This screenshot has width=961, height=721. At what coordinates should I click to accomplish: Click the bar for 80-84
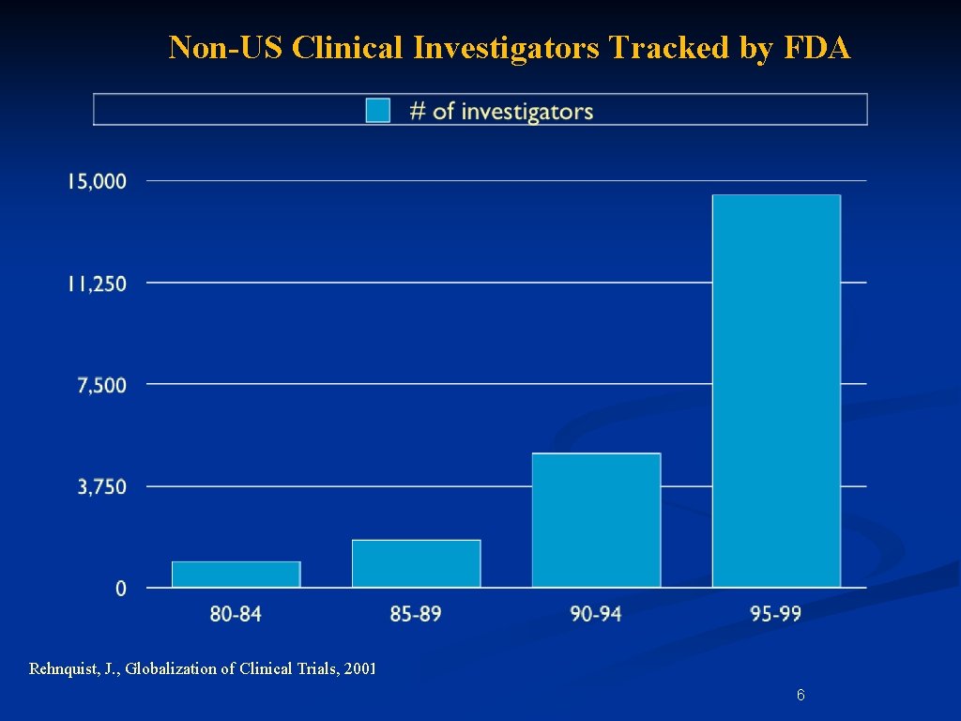click(x=236, y=575)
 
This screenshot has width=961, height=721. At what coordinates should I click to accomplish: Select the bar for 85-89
click(x=416, y=563)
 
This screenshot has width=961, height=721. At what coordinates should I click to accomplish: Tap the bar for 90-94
click(x=596, y=520)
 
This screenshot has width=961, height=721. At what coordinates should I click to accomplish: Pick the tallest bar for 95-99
click(x=776, y=391)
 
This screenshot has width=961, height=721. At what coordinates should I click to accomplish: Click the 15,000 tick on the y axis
click(x=97, y=181)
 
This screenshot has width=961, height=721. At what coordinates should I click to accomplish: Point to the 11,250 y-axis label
click(x=97, y=284)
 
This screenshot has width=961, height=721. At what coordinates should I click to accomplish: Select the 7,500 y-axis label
click(x=101, y=385)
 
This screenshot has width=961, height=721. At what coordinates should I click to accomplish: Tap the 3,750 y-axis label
click(x=101, y=487)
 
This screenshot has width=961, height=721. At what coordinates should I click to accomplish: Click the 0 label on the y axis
click(x=121, y=589)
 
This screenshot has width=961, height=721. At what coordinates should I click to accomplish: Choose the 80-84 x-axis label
click(x=236, y=614)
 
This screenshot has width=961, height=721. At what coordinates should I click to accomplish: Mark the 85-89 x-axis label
click(x=416, y=614)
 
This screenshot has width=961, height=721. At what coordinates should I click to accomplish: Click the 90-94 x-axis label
click(x=596, y=614)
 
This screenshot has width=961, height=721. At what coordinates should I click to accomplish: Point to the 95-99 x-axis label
click(x=776, y=614)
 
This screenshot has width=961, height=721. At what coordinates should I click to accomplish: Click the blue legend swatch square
click(x=378, y=111)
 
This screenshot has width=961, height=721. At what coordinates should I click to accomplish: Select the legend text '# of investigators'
click(x=501, y=111)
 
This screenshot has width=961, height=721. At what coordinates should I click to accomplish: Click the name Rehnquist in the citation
click(x=64, y=669)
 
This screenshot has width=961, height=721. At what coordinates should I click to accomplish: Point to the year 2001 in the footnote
click(x=359, y=669)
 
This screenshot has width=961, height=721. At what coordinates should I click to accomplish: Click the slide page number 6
click(x=800, y=696)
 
